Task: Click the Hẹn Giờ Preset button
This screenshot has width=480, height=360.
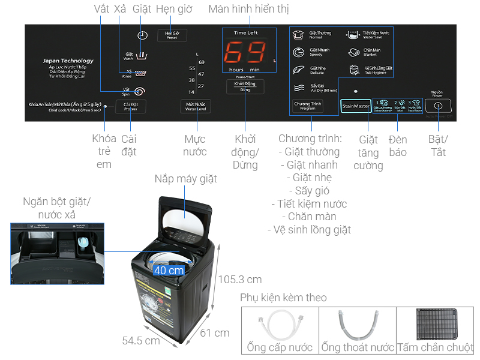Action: tap(172, 35)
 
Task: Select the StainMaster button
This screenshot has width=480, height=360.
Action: tap(356, 106)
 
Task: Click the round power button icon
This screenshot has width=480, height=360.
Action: tap(437, 106)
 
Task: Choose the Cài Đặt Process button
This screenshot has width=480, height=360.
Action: tap(131, 106)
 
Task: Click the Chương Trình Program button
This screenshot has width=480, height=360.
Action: tap(308, 106)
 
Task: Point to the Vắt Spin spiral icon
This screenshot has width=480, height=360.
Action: tap(140, 91)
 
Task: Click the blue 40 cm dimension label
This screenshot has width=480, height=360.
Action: tap(169, 270)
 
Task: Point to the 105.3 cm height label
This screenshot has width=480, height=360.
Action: tap(240, 279)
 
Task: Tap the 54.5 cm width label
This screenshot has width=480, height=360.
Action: tap(141, 340)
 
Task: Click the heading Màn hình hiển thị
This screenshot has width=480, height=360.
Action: tap(248, 10)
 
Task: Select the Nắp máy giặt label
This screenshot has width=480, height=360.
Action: tap(185, 179)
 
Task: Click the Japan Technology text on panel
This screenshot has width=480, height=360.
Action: tap(68, 61)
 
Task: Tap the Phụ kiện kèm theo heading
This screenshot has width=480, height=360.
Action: tap(283, 298)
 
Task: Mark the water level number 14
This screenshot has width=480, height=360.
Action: tap(191, 92)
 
